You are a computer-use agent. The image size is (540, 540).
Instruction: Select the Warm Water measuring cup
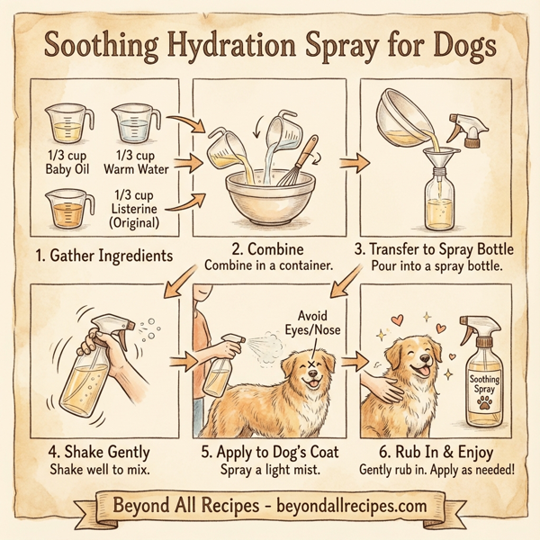pos(134,124)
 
